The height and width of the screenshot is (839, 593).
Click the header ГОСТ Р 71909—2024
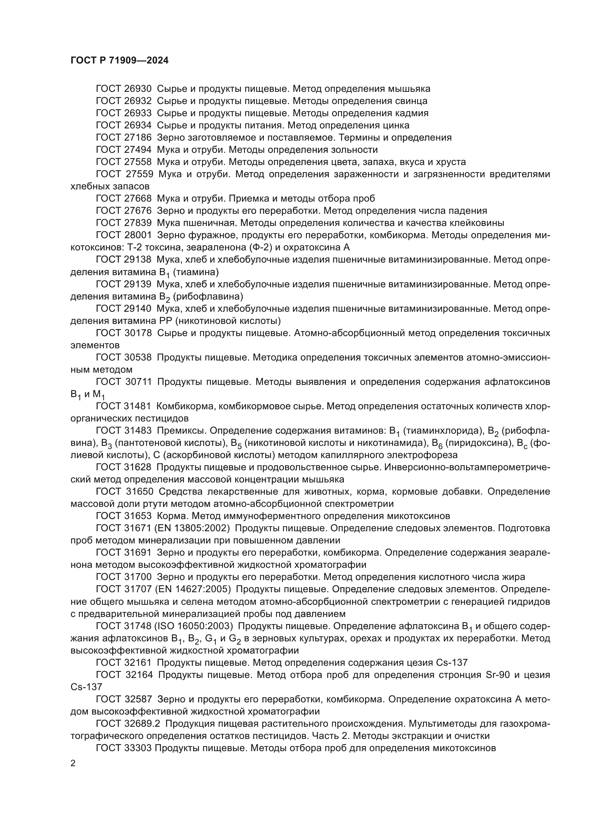(119, 61)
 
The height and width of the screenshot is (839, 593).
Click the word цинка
(394, 125)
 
